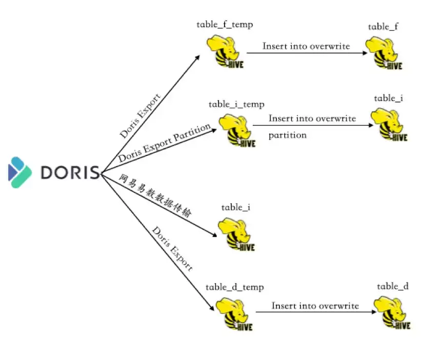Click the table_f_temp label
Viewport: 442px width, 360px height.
pyautogui.click(x=225, y=25)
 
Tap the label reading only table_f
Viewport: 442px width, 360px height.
pyautogui.click(x=383, y=27)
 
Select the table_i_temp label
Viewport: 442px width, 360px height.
pyautogui.click(x=236, y=105)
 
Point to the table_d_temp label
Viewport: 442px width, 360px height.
pyautogui.click(x=234, y=287)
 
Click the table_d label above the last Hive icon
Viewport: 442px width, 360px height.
pyautogui.click(x=393, y=287)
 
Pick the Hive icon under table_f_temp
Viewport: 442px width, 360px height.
pyautogui.click(x=225, y=51)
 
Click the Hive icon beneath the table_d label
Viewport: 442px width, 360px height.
pyautogui.click(x=392, y=312)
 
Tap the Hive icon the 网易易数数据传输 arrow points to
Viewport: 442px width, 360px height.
pyautogui.click(x=236, y=234)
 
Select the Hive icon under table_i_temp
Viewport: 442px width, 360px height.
pyautogui.click(x=237, y=130)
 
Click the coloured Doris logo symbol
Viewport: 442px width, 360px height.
pyautogui.click(x=19, y=172)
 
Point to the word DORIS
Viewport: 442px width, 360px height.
pyautogui.click(x=70, y=172)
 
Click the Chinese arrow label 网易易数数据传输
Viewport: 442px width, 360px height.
pyautogui.click(x=155, y=195)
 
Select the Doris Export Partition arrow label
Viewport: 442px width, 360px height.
pyautogui.click(x=165, y=143)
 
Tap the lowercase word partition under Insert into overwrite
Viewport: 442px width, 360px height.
pyautogui.click(x=287, y=135)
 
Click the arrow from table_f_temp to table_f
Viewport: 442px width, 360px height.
pyautogui.click(x=307, y=53)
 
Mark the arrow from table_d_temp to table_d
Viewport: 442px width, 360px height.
pyautogui.click(x=316, y=312)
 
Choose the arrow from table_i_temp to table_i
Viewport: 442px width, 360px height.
pyautogui.click(x=313, y=125)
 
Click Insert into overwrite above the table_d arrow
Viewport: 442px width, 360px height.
pyautogui.click(x=315, y=306)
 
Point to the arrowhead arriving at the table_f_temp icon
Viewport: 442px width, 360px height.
pyautogui.click(x=198, y=57)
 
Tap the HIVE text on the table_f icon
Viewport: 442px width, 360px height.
pyautogui.click(x=394, y=66)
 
